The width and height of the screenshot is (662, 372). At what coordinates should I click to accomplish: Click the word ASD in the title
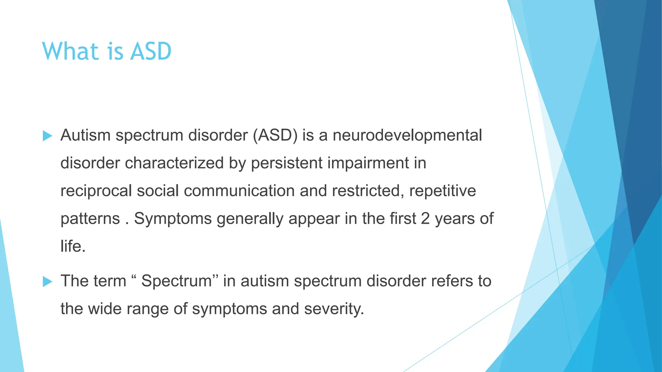(x=151, y=52)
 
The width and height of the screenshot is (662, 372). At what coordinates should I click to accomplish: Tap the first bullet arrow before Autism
(x=47, y=136)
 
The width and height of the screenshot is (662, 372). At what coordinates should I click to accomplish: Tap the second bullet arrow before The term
(x=47, y=282)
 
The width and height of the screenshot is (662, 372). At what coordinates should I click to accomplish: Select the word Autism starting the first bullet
(x=86, y=135)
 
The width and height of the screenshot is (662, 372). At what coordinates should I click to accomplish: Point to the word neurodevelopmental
(x=407, y=135)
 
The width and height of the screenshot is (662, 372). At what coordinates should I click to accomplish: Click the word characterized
(x=174, y=163)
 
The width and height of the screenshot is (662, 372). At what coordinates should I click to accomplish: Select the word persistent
(x=287, y=163)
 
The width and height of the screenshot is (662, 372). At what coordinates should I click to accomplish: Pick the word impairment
(x=368, y=163)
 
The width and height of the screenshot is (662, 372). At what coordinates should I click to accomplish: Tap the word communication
(x=239, y=191)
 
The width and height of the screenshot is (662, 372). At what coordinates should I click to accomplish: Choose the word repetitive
(x=443, y=191)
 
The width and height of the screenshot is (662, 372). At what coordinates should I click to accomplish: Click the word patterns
(x=90, y=219)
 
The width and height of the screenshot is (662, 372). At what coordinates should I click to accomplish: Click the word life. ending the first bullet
(x=73, y=246)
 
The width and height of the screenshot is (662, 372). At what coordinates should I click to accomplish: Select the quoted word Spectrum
(x=176, y=281)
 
